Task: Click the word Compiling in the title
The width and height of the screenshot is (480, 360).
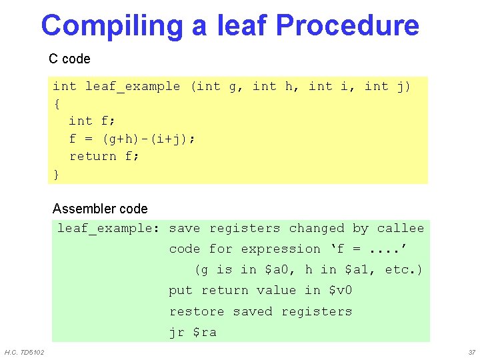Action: [x=111, y=26]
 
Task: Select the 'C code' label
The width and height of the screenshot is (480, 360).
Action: [x=69, y=59]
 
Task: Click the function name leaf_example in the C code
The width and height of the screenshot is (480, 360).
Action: [x=133, y=86]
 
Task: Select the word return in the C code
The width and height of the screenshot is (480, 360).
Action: [x=93, y=156]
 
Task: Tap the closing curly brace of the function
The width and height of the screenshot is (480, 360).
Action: [x=57, y=174]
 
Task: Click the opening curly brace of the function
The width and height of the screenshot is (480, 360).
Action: [x=57, y=104]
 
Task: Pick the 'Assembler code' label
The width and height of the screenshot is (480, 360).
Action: [x=100, y=209]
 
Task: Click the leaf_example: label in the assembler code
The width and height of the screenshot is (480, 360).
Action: [x=108, y=229]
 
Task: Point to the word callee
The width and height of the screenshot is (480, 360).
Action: [x=400, y=229]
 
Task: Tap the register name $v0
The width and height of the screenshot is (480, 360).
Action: [x=340, y=291]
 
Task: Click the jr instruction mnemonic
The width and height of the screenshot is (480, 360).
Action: [x=177, y=332]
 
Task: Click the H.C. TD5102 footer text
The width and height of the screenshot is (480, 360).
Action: [x=24, y=352]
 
